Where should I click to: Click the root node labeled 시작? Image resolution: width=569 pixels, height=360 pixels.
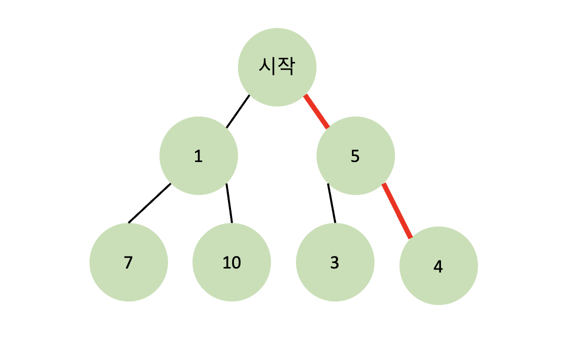click(x=277, y=67)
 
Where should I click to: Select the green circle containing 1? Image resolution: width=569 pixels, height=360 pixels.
click(x=198, y=155)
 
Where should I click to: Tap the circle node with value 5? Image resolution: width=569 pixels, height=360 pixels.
click(x=355, y=155)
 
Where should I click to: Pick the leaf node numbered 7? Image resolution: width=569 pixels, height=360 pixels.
click(x=128, y=262)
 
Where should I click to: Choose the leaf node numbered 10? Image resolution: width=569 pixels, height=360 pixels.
click(x=231, y=262)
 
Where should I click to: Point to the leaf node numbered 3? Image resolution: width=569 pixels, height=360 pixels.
click(x=335, y=262)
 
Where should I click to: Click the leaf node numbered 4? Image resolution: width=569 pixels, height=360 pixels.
click(x=438, y=265)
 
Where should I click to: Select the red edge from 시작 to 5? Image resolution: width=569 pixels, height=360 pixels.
click(x=316, y=111)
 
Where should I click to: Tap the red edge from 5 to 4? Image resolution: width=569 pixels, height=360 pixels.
click(x=397, y=211)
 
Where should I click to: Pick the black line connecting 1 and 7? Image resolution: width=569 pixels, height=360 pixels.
click(x=149, y=203)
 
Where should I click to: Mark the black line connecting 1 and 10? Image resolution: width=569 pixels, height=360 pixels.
click(x=229, y=203)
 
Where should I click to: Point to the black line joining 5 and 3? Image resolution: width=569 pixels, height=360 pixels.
click(x=331, y=203)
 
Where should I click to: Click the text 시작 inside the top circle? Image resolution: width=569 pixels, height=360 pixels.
click(x=277, y=66)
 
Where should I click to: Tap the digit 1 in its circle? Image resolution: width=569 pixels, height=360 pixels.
click(x=198, y=156)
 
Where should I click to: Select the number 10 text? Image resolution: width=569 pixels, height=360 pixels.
click(x=231, y=262)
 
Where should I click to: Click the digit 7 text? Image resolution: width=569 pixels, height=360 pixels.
click(x=128, y=262)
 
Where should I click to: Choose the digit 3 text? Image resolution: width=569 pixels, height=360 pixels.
click(x=335, y=262)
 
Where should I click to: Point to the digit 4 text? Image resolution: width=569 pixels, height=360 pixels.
click(x=438, y=267)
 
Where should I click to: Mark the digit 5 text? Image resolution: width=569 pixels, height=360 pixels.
click(x=355, y=156)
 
